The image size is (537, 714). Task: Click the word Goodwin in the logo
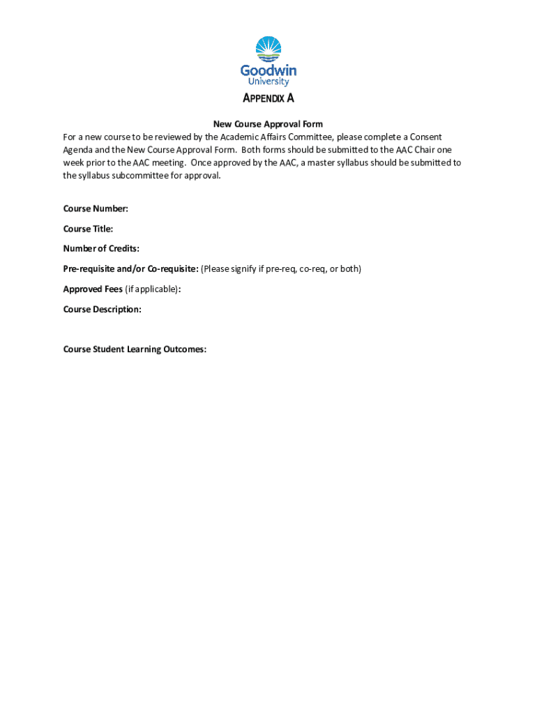pos(268,70)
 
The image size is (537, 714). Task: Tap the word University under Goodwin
pos(268,82)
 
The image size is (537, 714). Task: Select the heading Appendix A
pos(268,98)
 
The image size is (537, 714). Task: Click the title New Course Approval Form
pos(268,124)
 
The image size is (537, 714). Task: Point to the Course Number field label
pos(96,208)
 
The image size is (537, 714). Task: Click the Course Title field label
pos(88,229)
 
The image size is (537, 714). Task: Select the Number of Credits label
pos(101,248)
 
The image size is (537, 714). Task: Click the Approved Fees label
pos(93,289)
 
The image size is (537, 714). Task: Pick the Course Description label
pos(102,309)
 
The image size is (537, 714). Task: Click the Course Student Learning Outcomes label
pos(135,349)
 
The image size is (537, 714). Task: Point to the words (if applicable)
pos(151,289)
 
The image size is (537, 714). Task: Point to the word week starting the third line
pos(74,162)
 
